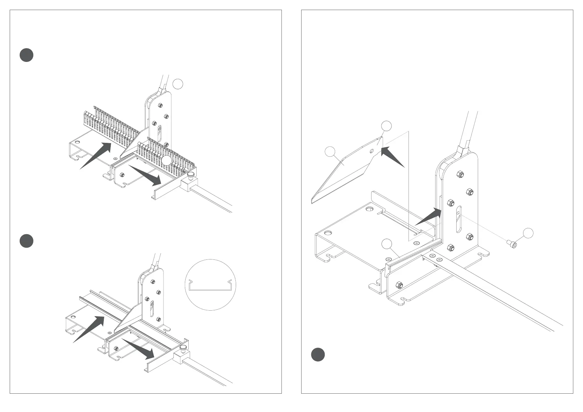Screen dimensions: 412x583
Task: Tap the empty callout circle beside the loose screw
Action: coord(528,233)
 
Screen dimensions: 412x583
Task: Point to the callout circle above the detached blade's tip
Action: coord(386,126)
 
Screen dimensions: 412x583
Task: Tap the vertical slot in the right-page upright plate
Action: coord(458,219)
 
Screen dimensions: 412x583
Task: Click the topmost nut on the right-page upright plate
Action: coord(460,174)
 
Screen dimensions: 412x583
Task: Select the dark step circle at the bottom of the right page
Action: coord(317,355)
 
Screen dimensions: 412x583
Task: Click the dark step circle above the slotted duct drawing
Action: coord(26,55)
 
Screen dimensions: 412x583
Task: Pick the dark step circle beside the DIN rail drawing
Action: coord(26,241)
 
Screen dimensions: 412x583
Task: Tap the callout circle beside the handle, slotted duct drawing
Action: coord(177,84)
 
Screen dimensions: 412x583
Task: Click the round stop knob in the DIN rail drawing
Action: coord(183,347)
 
